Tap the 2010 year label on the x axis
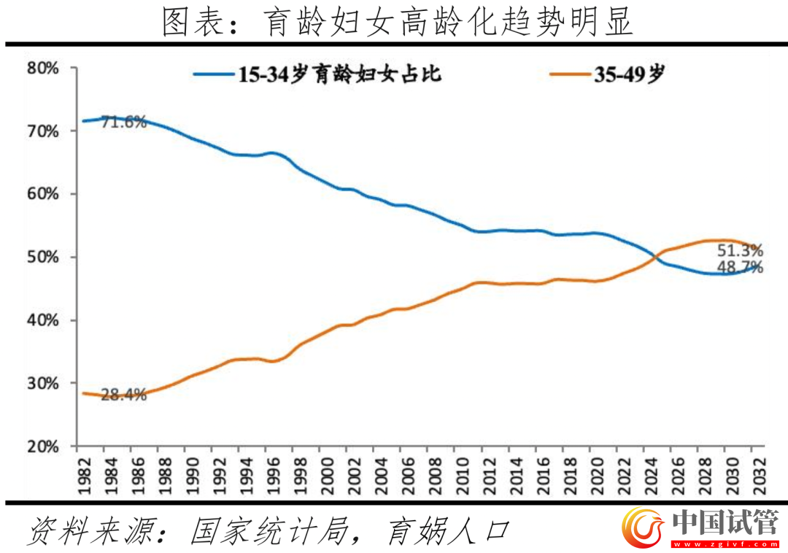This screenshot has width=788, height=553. (461, 472)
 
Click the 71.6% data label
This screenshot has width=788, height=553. (123, 123)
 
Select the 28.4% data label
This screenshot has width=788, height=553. (123, 395)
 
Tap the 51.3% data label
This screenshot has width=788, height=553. (740, 250)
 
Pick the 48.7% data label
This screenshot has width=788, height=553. (740, 267)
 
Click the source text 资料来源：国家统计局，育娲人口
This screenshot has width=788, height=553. (266, 531)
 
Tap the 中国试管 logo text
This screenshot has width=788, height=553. (725, 522)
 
